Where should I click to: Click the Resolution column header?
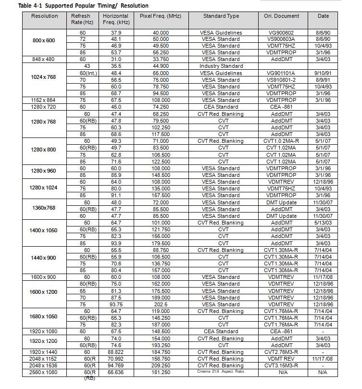pyautogui.click(x=45, y=16)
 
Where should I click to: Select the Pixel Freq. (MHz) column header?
pyautogui.click(x=161, y=16)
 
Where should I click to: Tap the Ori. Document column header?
pyautogui.click(x=282, y=16)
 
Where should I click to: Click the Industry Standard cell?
pyautogui.click(x=221, y=66)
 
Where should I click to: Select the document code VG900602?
pyautogui.click(x=282, y=33)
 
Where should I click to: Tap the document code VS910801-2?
pyautogui.click(x=282, y=80)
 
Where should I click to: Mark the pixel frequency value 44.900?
pyautogui.click(x=161, y=66)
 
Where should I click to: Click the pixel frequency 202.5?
pyautogui.click(x=161, y=304)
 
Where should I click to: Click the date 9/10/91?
pyautogui.click(x=324, y=73)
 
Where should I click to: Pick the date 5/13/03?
pyautogui.click(x=324, y=223)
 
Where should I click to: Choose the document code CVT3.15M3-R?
pyautogui.click(x=282, y=365)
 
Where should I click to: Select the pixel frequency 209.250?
pyautogui.click(x=161, y=365)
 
